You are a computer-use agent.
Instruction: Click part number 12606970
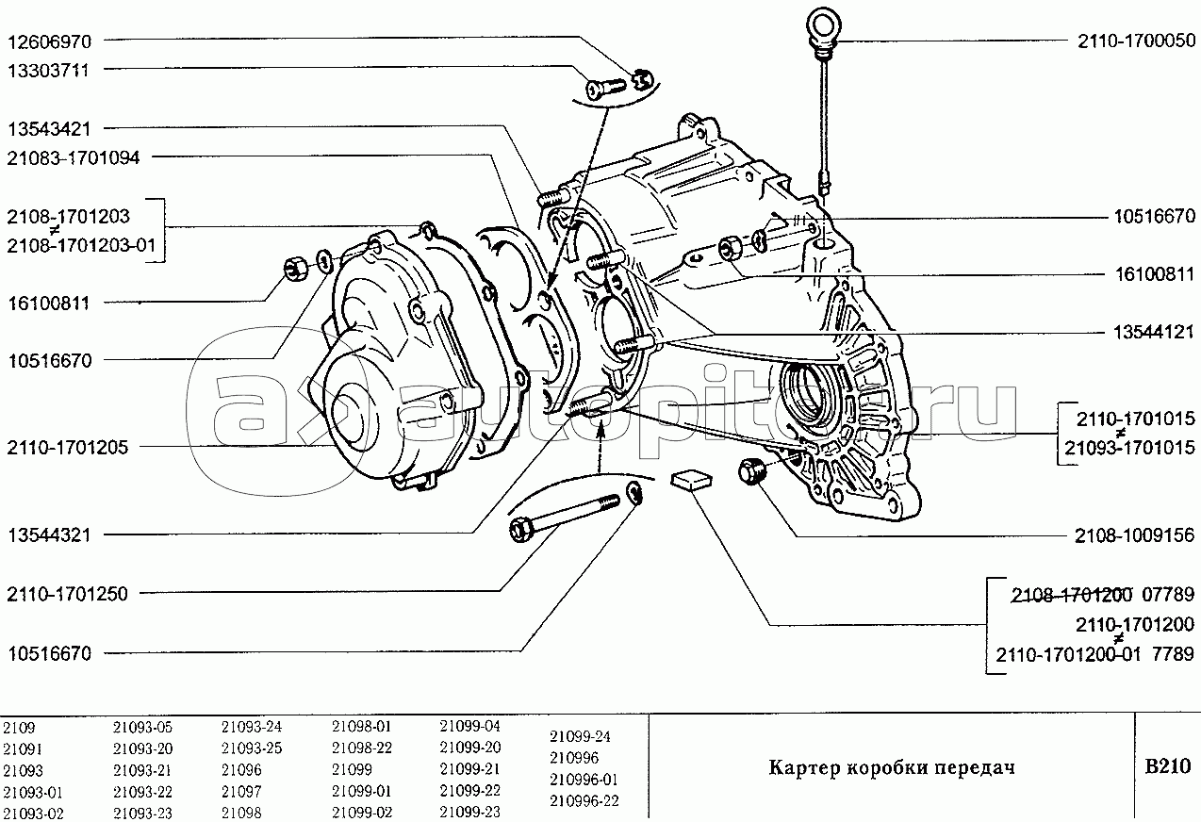(49, 41)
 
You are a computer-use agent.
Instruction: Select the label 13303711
(48, 71)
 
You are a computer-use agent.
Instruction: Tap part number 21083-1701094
(73, 157)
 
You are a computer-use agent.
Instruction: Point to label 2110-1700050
(1137, 41)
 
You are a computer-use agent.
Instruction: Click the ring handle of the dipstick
(825, 25)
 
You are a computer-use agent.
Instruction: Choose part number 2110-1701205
(68, 447)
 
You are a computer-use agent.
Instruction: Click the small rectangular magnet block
(692, 479)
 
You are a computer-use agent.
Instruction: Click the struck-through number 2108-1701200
(1071, 594)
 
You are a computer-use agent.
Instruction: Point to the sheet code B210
(1168, 766)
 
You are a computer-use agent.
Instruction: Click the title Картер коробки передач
(892, 767)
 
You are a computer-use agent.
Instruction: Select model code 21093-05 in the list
(142, 727)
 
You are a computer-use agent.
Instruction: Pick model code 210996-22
(584, 800)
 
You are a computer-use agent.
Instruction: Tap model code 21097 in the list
(241, 791)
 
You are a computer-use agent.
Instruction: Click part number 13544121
(1154, 333)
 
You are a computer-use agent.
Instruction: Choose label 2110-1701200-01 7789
(1094, 654)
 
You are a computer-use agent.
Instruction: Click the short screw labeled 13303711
(606, 89)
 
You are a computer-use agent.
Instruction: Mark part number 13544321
(49, 535)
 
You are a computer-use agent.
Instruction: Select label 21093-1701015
(1129, 447)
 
